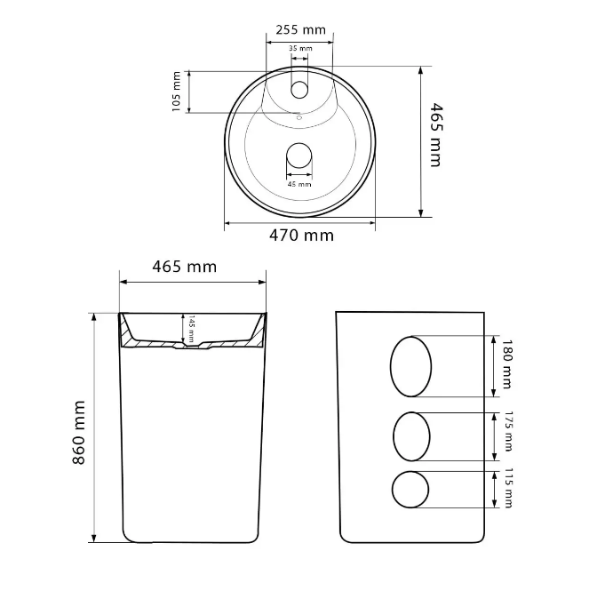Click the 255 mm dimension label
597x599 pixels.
coord(300,29)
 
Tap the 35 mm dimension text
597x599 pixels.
coord(300,48)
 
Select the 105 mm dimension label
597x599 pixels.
coord(176,92)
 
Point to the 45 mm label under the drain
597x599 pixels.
coord(299,184)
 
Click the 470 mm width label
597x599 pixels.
coord(301,236)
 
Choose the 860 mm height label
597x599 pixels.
coord(79,433)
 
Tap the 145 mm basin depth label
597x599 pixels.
coord(191,329)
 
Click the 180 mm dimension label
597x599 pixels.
coord(506,364)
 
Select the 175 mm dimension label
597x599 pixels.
coord(508,431)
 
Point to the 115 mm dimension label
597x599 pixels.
coord(508,488)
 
